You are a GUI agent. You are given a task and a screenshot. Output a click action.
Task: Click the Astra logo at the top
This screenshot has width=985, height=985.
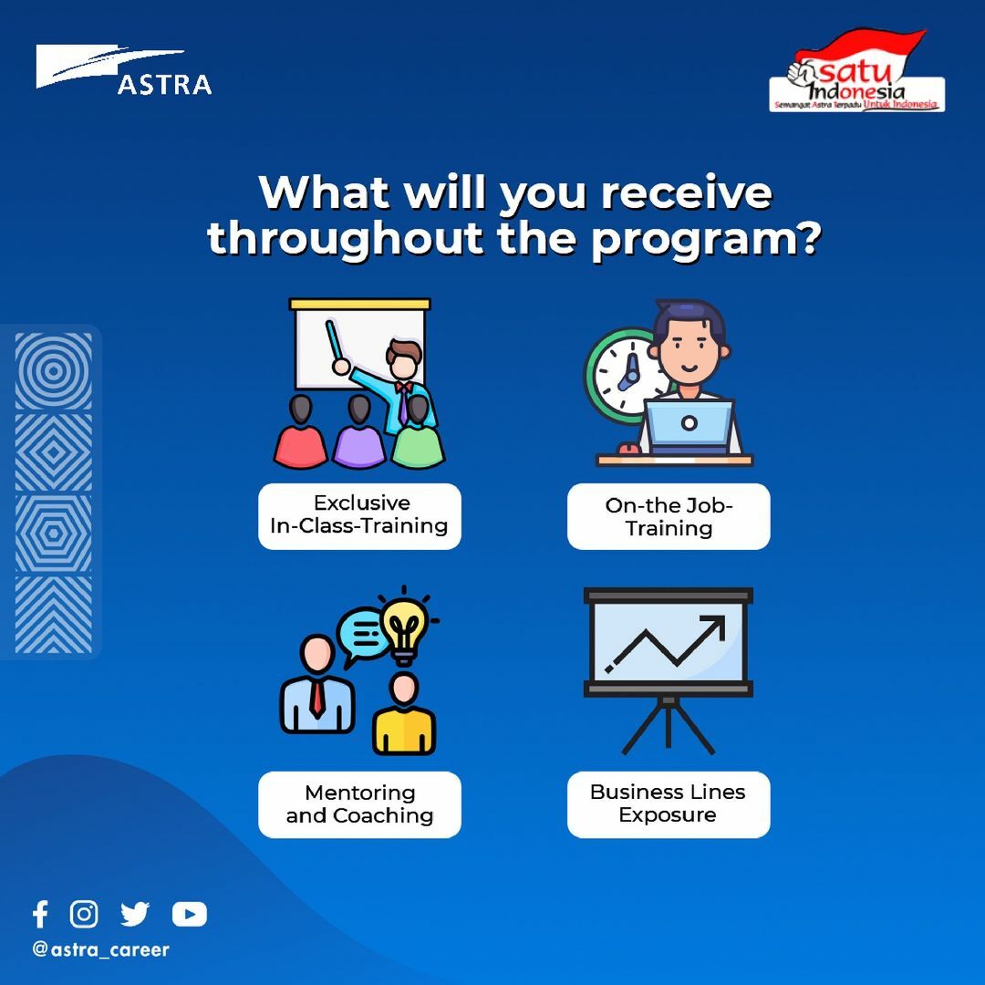(x=123, y=69)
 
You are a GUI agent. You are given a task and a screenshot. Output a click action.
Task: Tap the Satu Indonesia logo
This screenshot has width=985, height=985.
(x=856, y=70)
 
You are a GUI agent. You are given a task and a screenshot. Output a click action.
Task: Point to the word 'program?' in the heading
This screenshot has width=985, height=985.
(x=705, y=240)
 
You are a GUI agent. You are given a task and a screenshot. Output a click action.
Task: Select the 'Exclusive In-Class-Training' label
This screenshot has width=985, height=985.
(x=359, y=515)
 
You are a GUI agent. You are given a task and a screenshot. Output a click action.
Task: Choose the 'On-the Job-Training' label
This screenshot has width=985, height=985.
(x=669, y=516)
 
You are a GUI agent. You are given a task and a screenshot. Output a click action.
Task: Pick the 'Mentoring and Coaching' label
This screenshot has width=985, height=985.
(x=359, y=804)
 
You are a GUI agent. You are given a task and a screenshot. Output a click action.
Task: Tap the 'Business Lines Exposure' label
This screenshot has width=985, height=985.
(x=669, y=804)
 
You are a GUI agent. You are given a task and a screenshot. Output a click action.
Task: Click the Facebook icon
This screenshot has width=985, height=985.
(x=40, y=914)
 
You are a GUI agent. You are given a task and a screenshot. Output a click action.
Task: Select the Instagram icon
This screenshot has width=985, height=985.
(x=84, y=914)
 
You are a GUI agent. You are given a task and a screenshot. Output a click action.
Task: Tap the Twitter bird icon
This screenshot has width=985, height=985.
(x=134, y=914)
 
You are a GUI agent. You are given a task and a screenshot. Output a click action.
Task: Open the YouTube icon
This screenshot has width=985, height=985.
(x=189, y=915)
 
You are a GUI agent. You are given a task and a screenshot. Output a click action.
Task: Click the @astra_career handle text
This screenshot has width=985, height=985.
(x=100, y=949)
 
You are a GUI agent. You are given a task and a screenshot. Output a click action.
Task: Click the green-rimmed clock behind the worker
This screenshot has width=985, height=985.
(x=623, y=376)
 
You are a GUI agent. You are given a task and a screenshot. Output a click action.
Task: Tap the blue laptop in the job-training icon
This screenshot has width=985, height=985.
(x=689, y=426)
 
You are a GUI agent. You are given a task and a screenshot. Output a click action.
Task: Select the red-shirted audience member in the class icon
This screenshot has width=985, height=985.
(x=300, y=432)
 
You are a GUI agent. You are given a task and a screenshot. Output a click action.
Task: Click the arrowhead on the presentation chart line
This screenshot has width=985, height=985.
(x=714, y=626)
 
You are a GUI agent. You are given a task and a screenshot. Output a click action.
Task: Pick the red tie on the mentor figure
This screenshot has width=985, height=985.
(x=317, y=698)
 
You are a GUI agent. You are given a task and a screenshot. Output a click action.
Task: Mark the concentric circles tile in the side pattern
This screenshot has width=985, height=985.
(x=54, y=371)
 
